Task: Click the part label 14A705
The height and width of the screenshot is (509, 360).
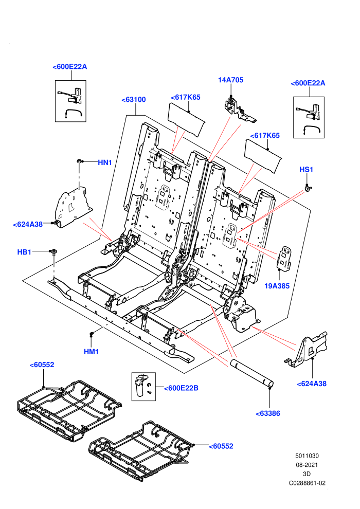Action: point(230,80)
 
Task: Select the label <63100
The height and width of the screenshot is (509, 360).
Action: point(133,100)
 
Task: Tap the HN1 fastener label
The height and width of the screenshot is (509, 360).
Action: point(105,162)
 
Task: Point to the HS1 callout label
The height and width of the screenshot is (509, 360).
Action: point(306,170)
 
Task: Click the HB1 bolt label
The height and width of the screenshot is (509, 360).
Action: point(24,252)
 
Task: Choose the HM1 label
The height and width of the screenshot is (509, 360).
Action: point(91,352)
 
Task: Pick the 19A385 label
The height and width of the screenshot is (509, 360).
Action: point(277,286)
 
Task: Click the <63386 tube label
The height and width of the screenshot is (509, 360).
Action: point(268,413)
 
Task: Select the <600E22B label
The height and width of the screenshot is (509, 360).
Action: point(181,388)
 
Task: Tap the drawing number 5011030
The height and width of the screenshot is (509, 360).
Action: point(307,456)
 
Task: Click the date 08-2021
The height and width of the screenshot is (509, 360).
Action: point(307,465)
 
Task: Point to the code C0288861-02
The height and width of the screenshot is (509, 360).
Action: point(307,483)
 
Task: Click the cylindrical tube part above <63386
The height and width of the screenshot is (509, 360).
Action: point(252,373)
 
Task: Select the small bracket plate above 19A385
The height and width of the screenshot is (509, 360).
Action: point(284,258)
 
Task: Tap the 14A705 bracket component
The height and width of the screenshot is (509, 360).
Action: point(240,109)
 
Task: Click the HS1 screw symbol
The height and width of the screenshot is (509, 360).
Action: point(307,188)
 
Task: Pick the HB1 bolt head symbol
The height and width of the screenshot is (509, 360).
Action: point(53,251)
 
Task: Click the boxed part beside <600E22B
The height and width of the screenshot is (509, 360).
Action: point(143,386)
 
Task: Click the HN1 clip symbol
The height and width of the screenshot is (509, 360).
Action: point(80,161)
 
